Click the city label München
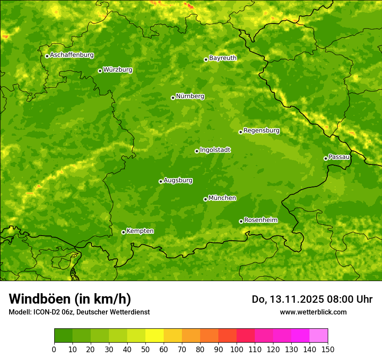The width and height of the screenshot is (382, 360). click(222, 198)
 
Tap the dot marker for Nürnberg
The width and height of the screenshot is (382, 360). click(173, 98)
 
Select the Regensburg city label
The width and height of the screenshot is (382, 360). click(261, 131)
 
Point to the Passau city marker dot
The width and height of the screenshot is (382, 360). click(326, 158)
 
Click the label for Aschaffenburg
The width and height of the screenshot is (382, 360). click(72, 55)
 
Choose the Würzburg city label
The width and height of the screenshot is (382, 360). click(118, 70)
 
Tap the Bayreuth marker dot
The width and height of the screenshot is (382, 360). click(206, 59)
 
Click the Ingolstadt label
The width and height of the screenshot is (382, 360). click(215, 150)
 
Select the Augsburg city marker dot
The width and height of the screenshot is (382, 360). click(161, 181)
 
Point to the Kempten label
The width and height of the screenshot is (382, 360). click(140, 231)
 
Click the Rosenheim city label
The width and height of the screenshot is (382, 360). click(260, 220)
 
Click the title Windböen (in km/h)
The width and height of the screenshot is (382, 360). click(70, 299)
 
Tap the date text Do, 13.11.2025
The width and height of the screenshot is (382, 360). click(287, 299)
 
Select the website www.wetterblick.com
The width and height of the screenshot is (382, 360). click(313, 312)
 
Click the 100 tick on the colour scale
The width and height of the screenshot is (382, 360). click(237, 350)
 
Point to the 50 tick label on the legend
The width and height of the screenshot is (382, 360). click(145, 350)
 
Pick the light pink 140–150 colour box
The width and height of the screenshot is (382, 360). click(319, 335)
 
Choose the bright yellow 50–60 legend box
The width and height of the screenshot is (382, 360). click(155, 335)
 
